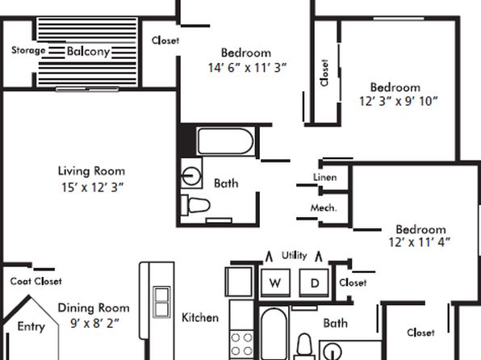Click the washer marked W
pyautogui.click(x=275, y=283)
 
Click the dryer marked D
pyautogui.click(x=314, y=283)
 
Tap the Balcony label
pyautogui.click(x=88, y=51)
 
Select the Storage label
pyautogui.click(x=28, y=50)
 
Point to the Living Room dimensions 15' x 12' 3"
pyautogui.click(x=92, y=187)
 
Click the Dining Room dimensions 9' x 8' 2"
pyautogui.click(x=94, y=323)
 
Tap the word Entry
pyautogui.click(x=31, y=327)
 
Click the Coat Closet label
pyautogui.click(x=36, y=281)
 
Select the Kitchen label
pyautogui.click(x=200, y=317)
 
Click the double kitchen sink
pyautogui.click(x=161, y=303)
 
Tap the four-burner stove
pyautogui.click(x=241, y=344)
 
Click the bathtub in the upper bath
pyautogui.click(x=226, y=141)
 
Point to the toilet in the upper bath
pyautogui.click(x=195, y=205)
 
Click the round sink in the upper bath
pyautogui.click(x=191, y=176)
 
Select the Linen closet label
pyautogui.click(x=325, y=177)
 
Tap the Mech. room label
pyautogui.click(x=324, y=208)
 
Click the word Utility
pyautogui.click(x=295, y=255)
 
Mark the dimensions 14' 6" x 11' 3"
pyautogui.click(x=247, y=68)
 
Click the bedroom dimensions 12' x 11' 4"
pyautogui.click(x=420, y=242)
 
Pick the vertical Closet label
pyautogui.click(x=324, y=73)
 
